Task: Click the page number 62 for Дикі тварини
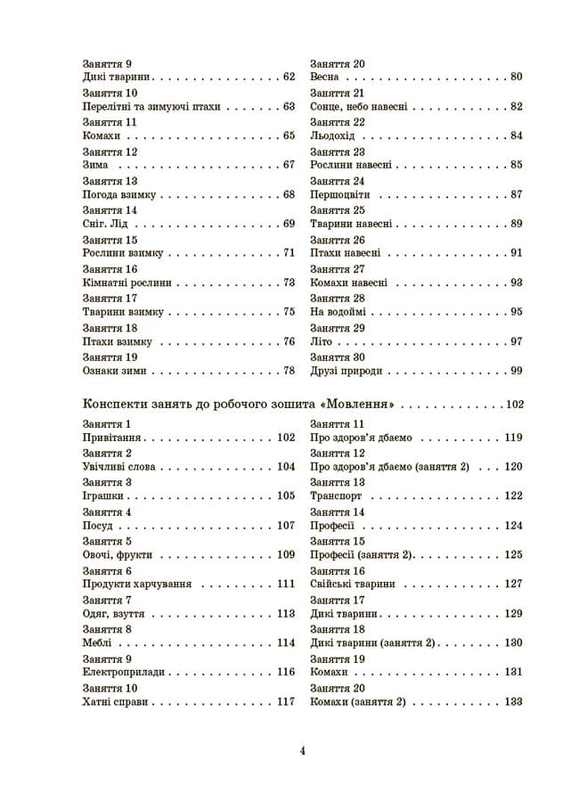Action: (289, 77)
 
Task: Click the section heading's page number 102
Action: (514, 404)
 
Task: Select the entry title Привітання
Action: (110, 438)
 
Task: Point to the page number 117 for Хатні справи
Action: (285, 702)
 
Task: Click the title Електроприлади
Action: (120, 673)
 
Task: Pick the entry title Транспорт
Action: (335, 496)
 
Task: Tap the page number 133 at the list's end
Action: (513, 702)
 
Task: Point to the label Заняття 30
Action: (338, 357)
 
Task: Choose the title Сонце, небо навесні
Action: (359, 106)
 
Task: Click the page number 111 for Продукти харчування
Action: (285, 585)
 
